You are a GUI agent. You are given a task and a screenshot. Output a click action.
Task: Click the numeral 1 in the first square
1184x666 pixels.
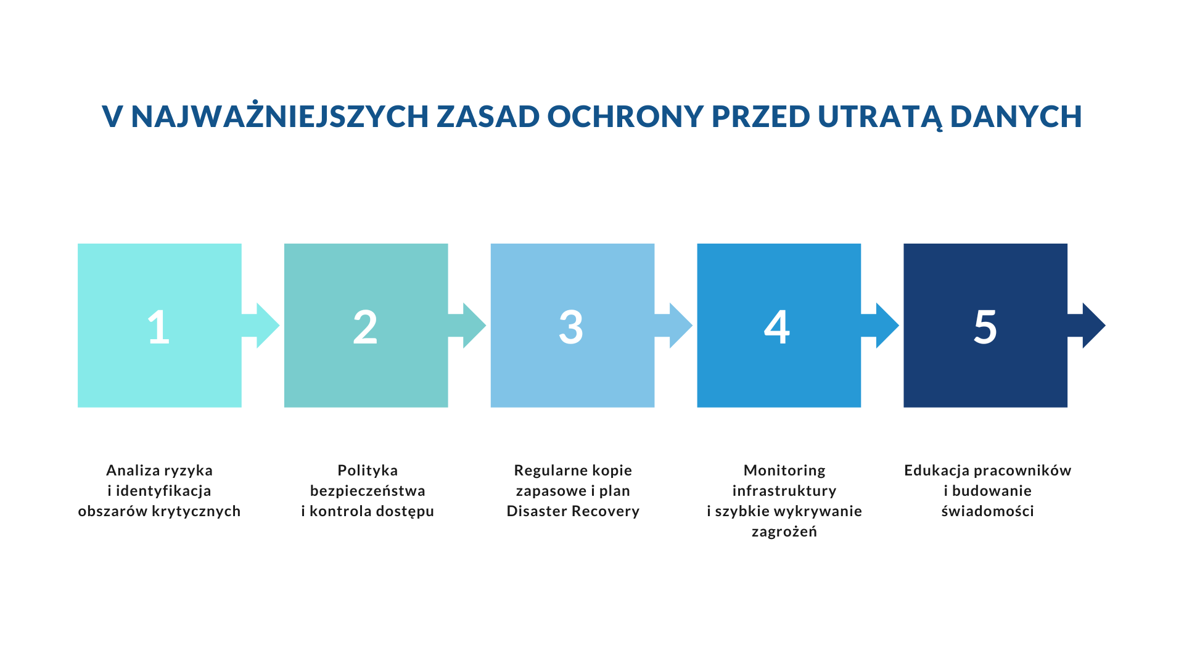(x=158, y=326)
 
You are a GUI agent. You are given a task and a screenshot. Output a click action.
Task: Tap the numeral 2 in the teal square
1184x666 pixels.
(x=365, y=326)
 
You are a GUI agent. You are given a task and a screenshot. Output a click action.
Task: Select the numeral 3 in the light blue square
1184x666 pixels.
(x=571, y=326)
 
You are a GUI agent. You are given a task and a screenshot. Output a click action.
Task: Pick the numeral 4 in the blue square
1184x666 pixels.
(x=777, y=326)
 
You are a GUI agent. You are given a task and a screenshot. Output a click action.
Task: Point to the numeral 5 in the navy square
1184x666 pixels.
(x=985, y=326)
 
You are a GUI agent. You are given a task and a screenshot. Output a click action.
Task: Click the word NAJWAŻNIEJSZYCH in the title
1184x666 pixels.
(x=280, y=116)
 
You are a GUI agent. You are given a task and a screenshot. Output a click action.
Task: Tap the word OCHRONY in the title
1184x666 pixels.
(x=625, y=116)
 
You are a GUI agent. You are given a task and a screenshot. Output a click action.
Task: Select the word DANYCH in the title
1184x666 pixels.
(x=1016, y=116)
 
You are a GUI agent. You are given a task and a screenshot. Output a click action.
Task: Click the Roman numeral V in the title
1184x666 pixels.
(x=112, y=116)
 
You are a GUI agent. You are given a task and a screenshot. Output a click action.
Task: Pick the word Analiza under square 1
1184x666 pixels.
(x=128, y=471)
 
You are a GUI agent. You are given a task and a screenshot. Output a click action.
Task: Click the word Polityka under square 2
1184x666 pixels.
(x=368, y=471)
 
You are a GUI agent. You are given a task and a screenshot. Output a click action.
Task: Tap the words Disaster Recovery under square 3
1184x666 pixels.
(x=573, y=511)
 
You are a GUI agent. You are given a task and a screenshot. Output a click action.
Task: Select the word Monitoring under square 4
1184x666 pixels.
(x=784, y=471)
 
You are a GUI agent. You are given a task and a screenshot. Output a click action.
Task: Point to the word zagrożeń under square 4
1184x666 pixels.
(x=784, y=531)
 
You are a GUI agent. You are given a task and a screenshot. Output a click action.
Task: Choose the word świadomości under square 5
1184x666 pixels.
(x=988, y=511)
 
